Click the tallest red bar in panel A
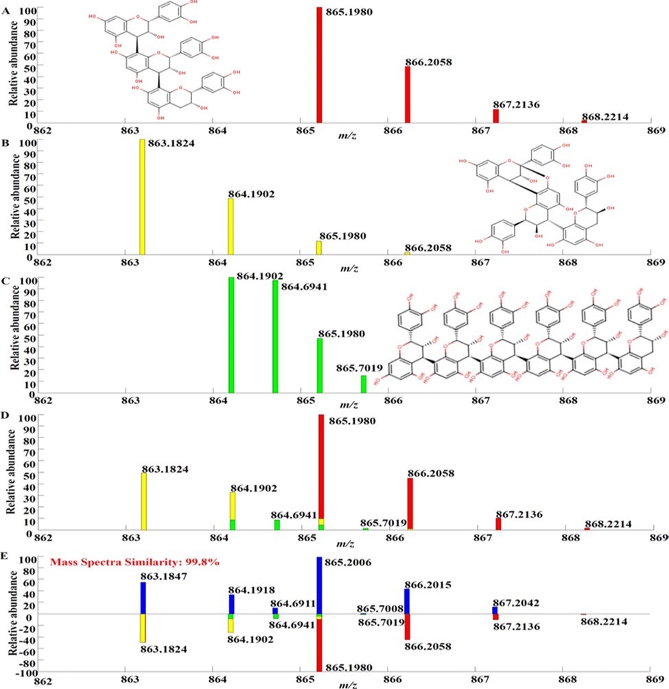(x=319, y=65)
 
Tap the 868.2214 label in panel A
(x=606, y=116)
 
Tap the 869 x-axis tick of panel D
(x=655, y=536)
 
